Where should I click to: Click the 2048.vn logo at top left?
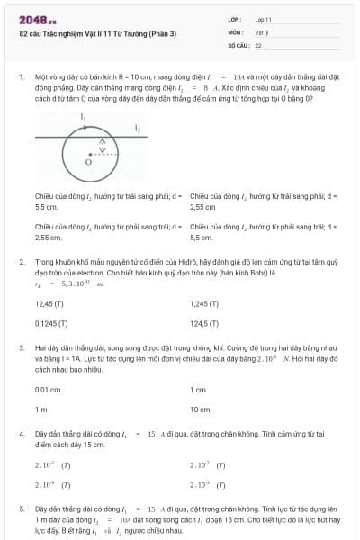(x=37, y=19)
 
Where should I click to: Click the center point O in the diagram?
(x=88, y=163)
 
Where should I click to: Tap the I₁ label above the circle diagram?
(x=84, y=117)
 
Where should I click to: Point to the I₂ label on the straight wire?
(x=137, y=129)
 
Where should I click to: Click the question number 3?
(x=21, y=346)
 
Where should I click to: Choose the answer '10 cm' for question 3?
(x=199, y=409)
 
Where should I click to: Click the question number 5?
(x=21, y=509)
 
